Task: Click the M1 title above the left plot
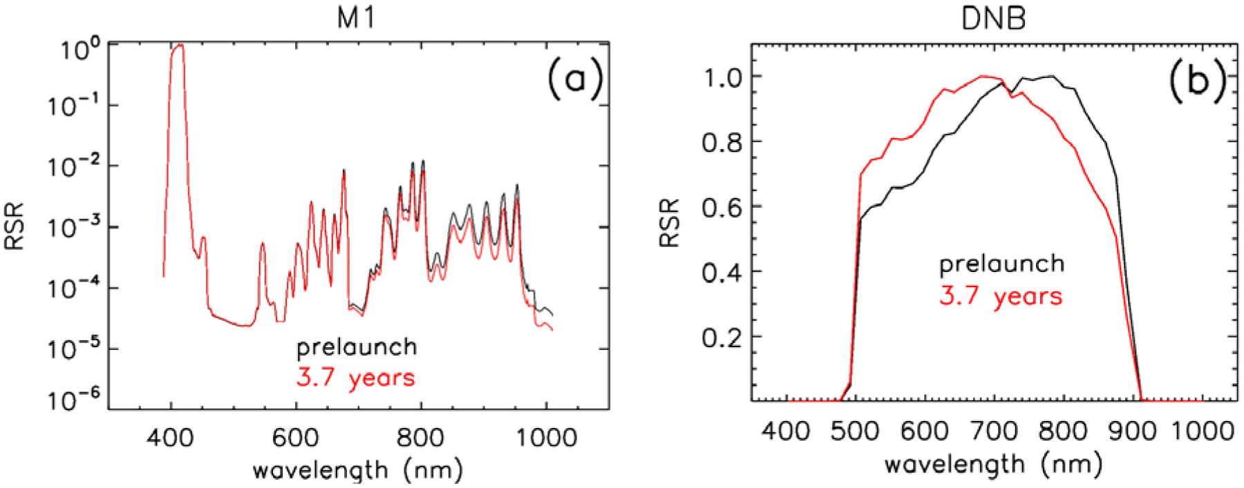click(356, 17)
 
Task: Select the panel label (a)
click(575, 78)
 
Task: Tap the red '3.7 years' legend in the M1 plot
click(356, 378)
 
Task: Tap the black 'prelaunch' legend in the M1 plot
click(357, 347)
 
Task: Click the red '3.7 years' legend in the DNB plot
click(1001, 296)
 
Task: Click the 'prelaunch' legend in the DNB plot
click(1001, 264)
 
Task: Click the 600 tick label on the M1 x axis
click(295, 438)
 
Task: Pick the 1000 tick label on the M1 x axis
click(546, 438)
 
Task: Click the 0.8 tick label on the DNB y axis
click(722, 143)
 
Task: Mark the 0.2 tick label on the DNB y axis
click(722, 338)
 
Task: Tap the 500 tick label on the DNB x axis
click(855, 431)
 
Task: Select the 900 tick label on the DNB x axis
click(1133, 431)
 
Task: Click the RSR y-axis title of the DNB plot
click(669, 223)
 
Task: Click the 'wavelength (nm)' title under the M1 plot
click(357, 471)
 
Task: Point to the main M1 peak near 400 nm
click(178, 47)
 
